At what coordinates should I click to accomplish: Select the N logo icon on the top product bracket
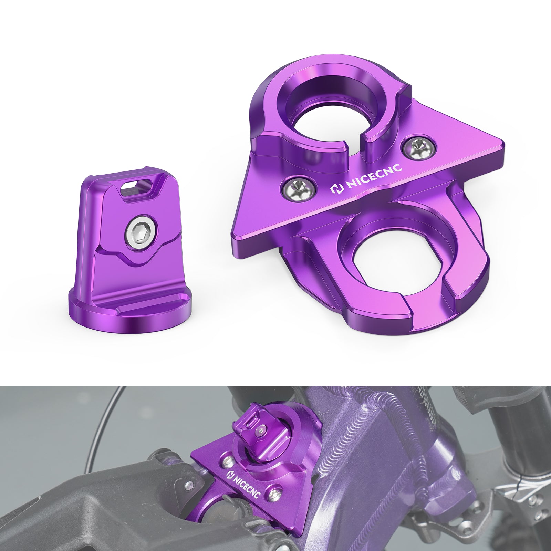(x=336, y=190)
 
